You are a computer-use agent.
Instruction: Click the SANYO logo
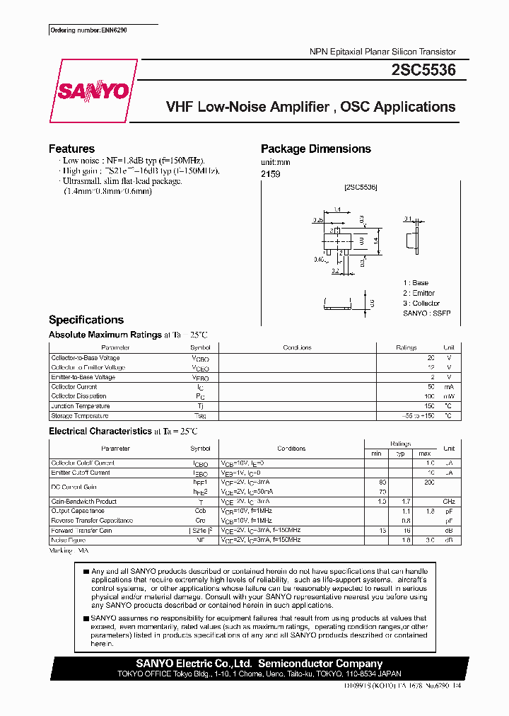[93, 91]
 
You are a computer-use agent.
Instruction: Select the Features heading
[71, 149]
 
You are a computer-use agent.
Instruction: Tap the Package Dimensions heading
[315, 149]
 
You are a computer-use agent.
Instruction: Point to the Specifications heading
[86, 320]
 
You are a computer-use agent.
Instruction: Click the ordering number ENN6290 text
[88, 30]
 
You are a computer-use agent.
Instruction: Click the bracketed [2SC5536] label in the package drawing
[361, 187]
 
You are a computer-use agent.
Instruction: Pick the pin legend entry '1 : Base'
[416, 283]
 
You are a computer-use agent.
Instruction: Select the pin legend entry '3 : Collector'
[421, 303]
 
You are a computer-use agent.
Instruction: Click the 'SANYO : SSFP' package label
[426, 313]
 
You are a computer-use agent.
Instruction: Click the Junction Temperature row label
[81, 406]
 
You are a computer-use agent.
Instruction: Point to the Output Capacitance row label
[78, 511]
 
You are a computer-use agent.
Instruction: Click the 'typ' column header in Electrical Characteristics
[399, 453]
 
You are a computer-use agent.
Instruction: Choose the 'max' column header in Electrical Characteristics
[424, 453]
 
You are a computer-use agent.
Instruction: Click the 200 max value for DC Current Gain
[428, 482]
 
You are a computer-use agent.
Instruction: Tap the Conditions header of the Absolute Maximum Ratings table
[297, 348]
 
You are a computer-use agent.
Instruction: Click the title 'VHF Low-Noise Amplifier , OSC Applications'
[310, 108]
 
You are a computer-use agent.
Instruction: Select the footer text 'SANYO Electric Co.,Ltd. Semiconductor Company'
[259, 664]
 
